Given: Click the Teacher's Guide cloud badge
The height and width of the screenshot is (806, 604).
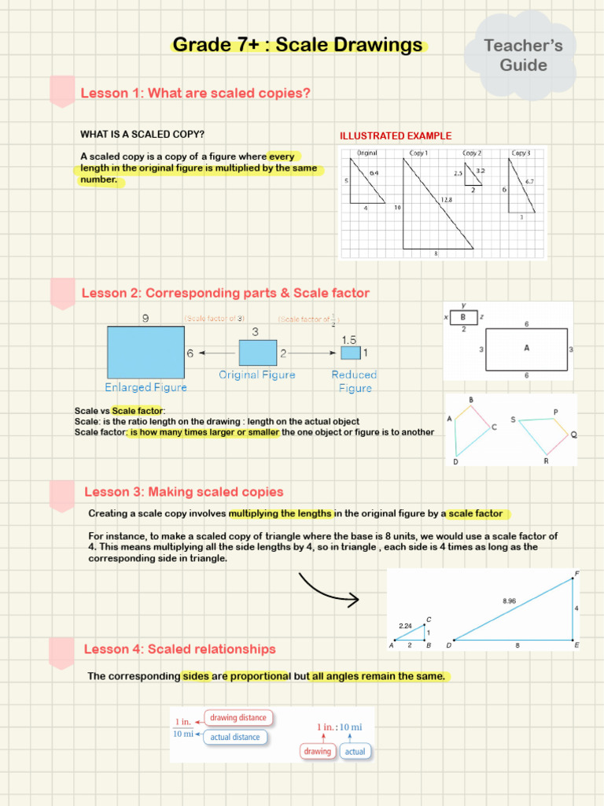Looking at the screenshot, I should (x=523, y=55).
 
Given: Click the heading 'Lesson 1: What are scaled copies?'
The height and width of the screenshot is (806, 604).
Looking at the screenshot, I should (x=196, y=94).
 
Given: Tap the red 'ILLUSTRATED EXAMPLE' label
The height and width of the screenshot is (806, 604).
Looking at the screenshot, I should (x=396, y=136).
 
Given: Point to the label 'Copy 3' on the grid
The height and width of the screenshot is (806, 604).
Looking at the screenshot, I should (x=521, y=153).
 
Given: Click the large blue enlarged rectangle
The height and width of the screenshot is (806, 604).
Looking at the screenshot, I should (x=145, y=353).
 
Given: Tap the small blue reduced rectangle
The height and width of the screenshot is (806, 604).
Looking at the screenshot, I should (x=350, y=353).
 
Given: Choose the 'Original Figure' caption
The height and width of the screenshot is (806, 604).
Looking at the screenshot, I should (x=257, y=375).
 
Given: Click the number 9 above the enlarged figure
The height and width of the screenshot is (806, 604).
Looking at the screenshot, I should (x=145, y=319).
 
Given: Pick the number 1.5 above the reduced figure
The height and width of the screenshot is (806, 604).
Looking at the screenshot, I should (x=349, y=339).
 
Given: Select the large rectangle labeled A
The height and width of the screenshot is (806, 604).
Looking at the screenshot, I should (x=525, y=349).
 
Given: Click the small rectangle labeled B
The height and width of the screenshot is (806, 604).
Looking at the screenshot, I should (x=463, y=317).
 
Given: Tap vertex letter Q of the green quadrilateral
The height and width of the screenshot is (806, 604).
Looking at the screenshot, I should (x=573, y=434).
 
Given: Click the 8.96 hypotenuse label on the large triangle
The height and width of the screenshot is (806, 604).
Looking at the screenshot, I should (x=509, y=601).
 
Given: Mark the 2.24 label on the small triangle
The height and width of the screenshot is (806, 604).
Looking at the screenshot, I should (x=405, y=626).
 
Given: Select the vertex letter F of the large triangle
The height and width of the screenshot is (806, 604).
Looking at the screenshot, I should (x=577, y=573).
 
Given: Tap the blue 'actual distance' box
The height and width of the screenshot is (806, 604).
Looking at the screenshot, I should (x=234, y=738).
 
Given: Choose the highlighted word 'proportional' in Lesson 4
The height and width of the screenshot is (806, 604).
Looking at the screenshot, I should (x=260, y=676).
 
